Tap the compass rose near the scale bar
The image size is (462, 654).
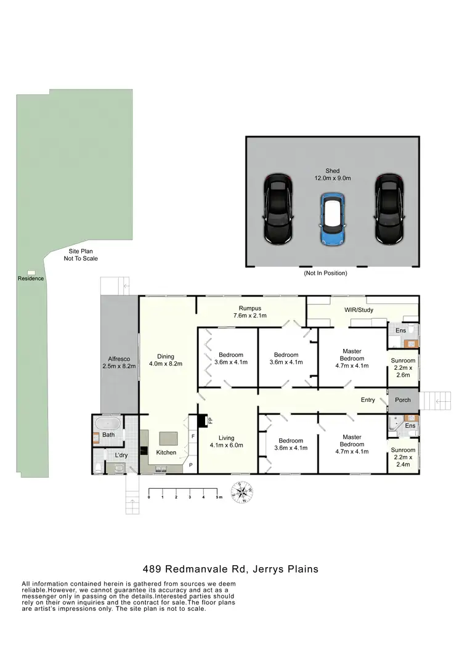point(242,493)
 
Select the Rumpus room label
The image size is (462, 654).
point(251,312)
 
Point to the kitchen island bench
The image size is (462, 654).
point(168,438)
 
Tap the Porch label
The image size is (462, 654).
point(402,400)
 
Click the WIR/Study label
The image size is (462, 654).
point(358,309)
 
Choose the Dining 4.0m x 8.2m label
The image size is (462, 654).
point(166,360)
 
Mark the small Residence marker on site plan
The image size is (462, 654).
point(31,272)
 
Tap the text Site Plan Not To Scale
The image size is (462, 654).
point(81,255)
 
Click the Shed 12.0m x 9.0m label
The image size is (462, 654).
point(333,174)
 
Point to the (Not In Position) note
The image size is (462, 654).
point(326,272)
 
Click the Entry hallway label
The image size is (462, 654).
point(368,400)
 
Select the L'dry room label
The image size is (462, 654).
point(121,456)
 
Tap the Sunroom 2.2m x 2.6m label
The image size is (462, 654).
point(403,367)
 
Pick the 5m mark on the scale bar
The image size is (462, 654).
point(217,497)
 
